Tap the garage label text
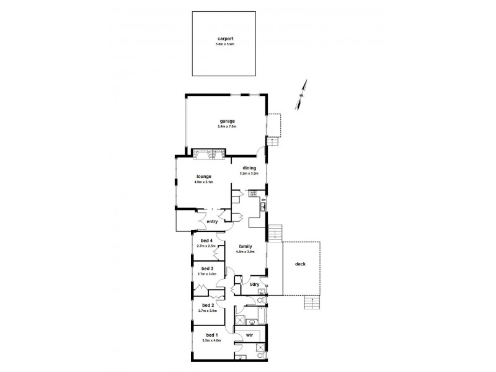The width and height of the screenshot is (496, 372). (x=226, y=121)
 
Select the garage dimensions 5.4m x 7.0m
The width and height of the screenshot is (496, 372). (x=226, y=126)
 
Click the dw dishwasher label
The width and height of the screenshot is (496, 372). (x=263, y=200)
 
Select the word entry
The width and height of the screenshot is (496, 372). (x=211, y=221)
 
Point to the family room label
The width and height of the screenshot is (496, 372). (x=245, y=246)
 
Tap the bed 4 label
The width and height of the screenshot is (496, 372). (x=206, y=241)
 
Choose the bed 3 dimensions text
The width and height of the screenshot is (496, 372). (x=206, y=273)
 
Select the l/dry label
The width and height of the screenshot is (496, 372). (x=254, y=285)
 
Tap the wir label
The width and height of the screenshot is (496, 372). (x=249, y=335)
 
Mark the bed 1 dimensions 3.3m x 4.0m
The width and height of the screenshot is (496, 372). (x=211, y=340)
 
